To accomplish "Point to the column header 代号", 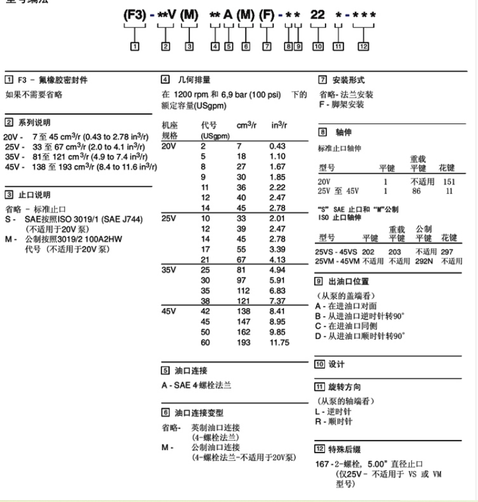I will coord(209,125).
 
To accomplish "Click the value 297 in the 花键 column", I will coord(448,252).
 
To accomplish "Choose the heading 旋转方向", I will coord(345,387).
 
